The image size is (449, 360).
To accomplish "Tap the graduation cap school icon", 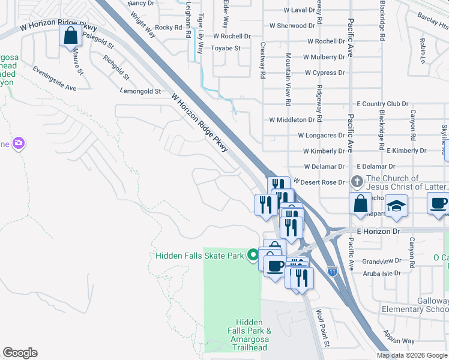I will point(396,206).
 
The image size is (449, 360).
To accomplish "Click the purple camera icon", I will point(19,143).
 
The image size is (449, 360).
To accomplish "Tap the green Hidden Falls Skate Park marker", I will point(253,256).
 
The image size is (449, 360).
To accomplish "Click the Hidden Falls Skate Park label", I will point(199,256).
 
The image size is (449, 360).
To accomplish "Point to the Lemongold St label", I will point(140,91).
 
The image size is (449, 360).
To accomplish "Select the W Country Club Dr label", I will point(382,104).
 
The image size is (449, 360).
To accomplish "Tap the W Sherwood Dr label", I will point(292,26).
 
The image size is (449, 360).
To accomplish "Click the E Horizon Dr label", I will point(378,231).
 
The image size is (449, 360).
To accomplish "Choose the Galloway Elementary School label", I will point(415,305).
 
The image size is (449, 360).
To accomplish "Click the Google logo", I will point(20,353).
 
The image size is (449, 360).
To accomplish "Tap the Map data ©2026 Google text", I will point(411,355).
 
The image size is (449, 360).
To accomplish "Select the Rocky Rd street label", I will point(168,28).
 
